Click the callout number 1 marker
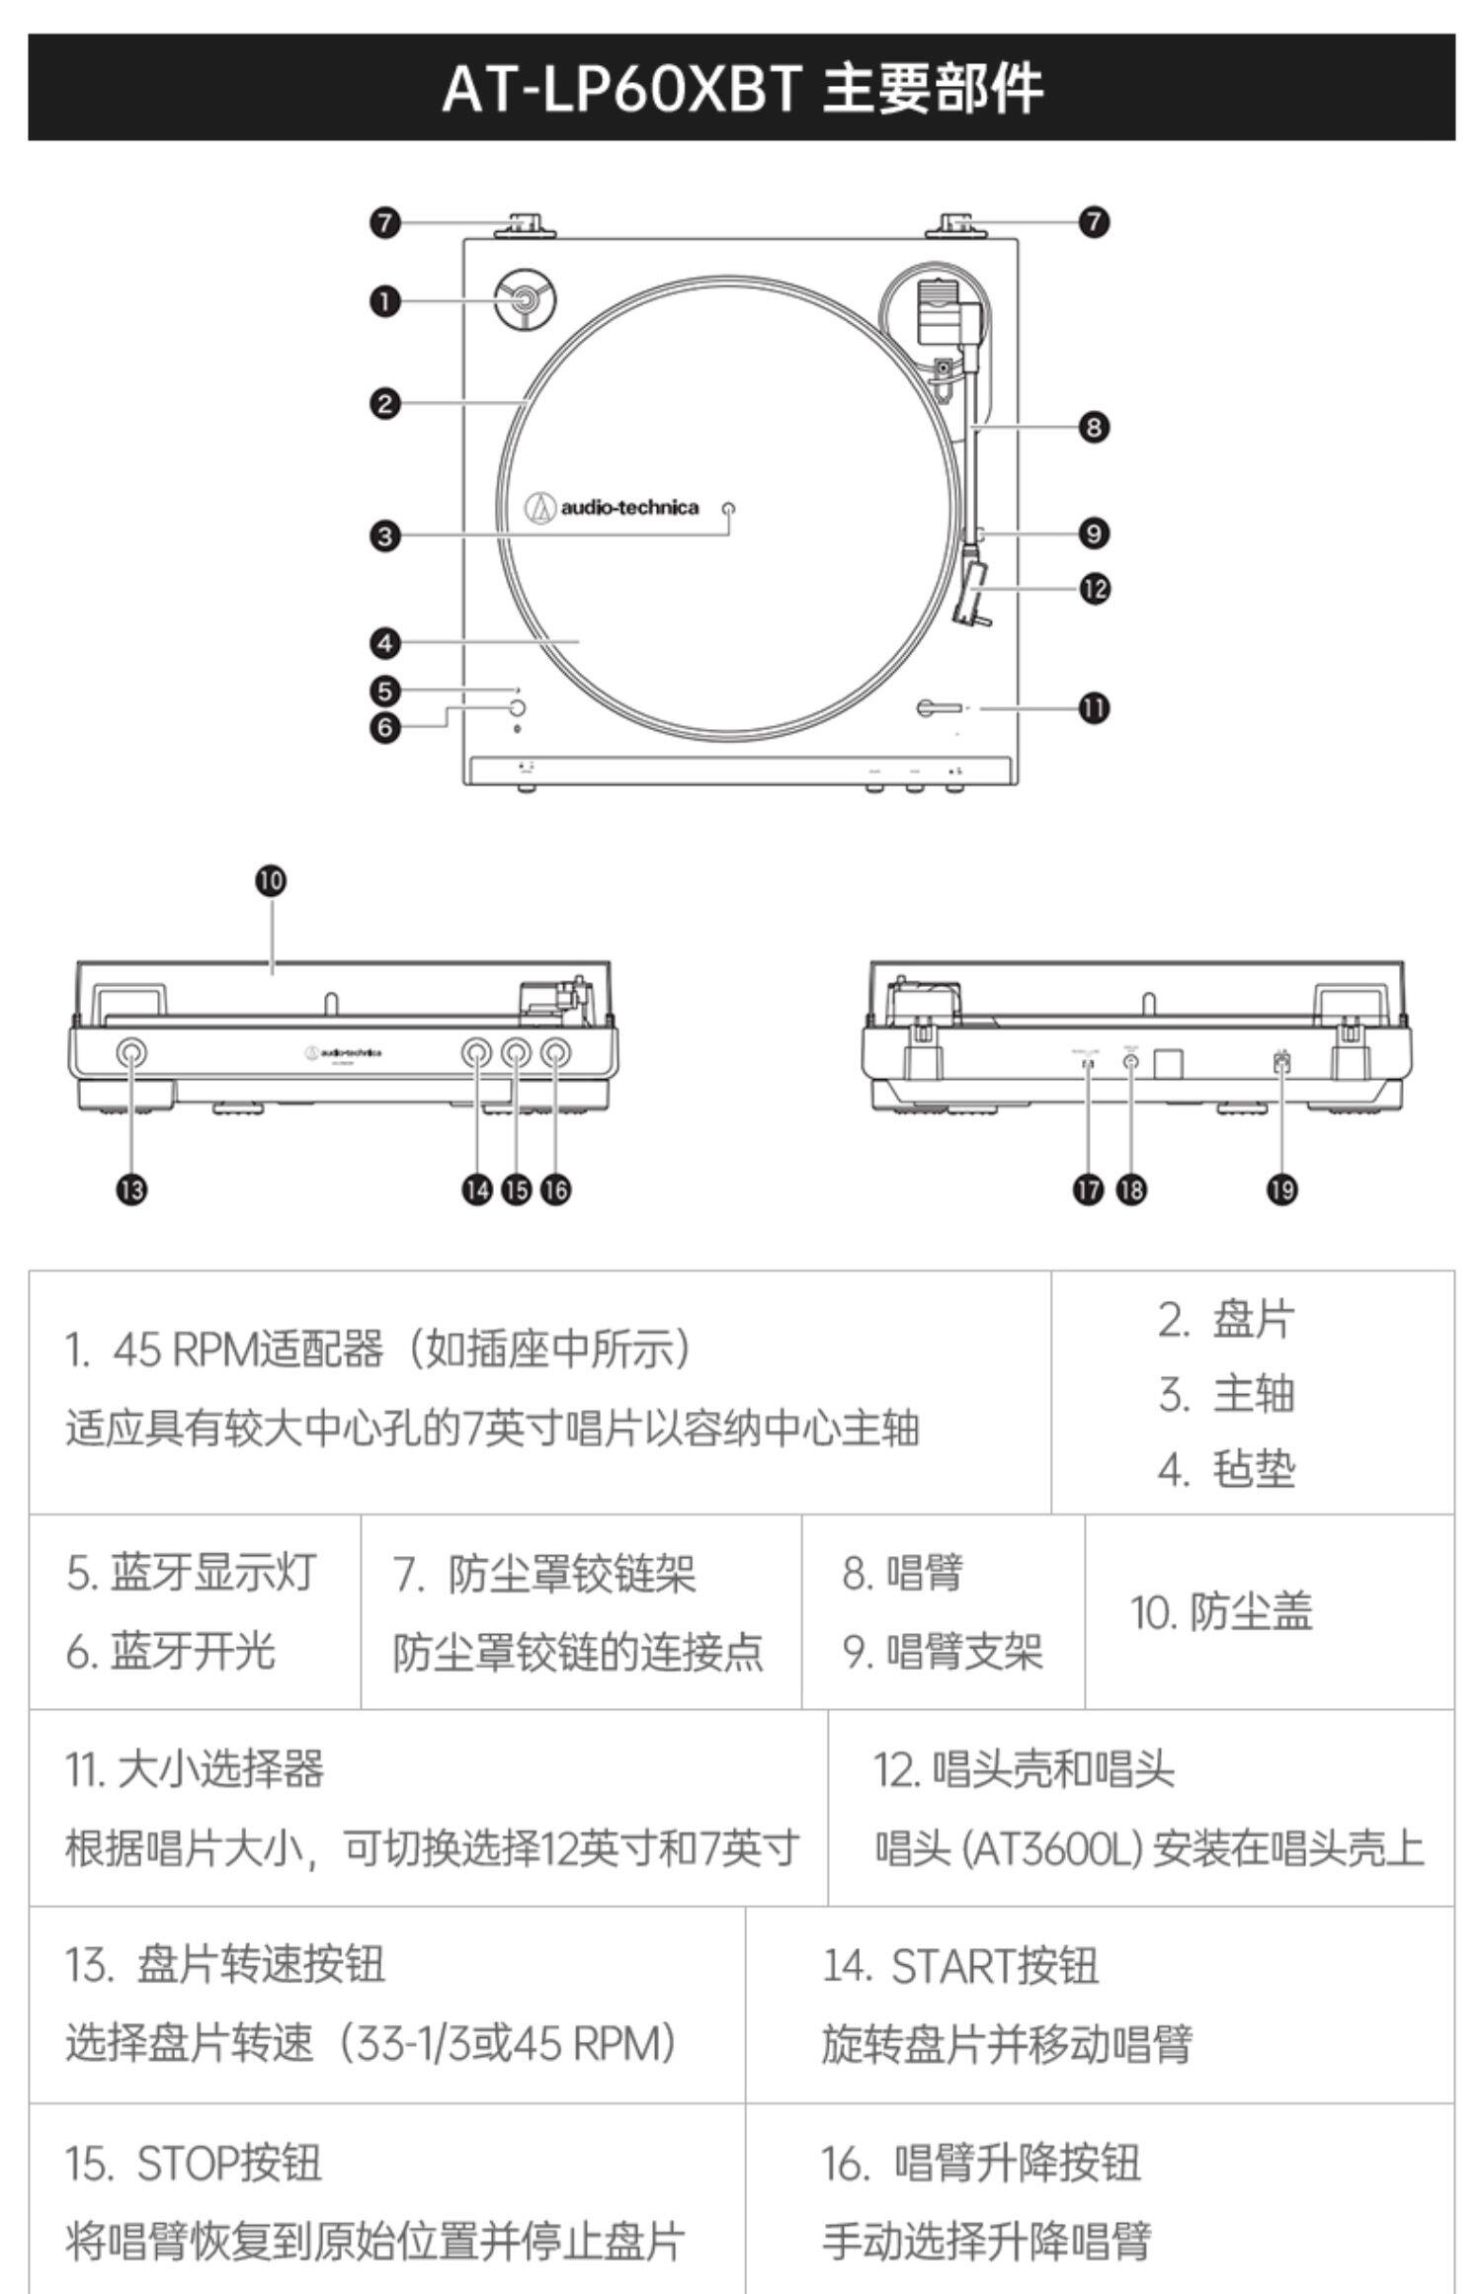[385, 300]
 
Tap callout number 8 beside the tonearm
[1094, 427]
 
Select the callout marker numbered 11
[1094, 707]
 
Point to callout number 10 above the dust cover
[271, 880]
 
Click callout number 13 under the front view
[131, 1189]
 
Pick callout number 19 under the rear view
[1281, 1189]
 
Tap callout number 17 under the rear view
[1088, 1189]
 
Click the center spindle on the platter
[730, 509]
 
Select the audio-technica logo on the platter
[613, 508]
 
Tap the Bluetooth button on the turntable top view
[516, 708]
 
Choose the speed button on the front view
[131, 1053]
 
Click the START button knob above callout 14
[477, 1053]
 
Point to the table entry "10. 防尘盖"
[1221, 1612]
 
